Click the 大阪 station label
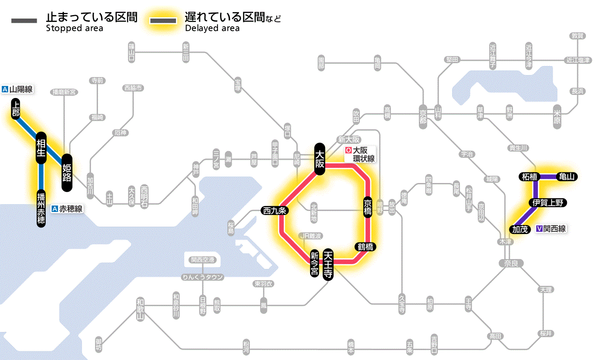coord(319,159)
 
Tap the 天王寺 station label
coord(328,265)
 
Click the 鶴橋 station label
coord(365,247)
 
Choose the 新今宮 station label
coord(315,264)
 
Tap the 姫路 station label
coord(67,173)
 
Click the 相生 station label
coord(41,148)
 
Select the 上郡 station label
coord(16,108)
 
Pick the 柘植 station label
coord(529,177)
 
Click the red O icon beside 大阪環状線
coord(349,151)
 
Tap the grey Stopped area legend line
coord(25,21)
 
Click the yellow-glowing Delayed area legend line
coord(164,21)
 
